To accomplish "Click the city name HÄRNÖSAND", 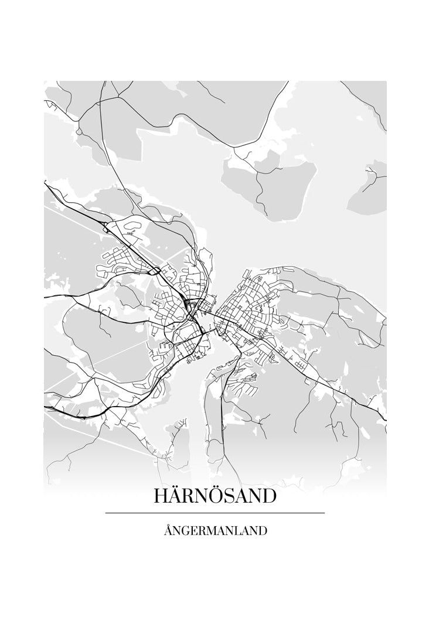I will pyautogui.click(x=215, y=496).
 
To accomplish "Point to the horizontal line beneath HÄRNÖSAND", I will pyautogui.click(x=215, y=513).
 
